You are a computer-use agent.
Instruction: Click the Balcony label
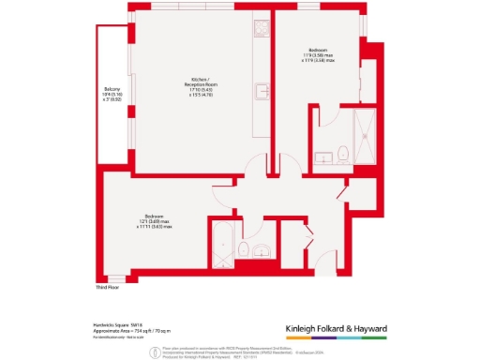[x=111, y=91]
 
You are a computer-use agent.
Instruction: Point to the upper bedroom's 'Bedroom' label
[x=319, y=50]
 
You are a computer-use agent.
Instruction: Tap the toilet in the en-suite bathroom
[x=343, y=152]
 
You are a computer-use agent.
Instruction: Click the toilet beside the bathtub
[x=242, y=248]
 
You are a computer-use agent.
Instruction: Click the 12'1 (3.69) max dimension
[x=154, y=221]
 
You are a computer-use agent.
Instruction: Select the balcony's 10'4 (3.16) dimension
[x=111, y=96]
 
